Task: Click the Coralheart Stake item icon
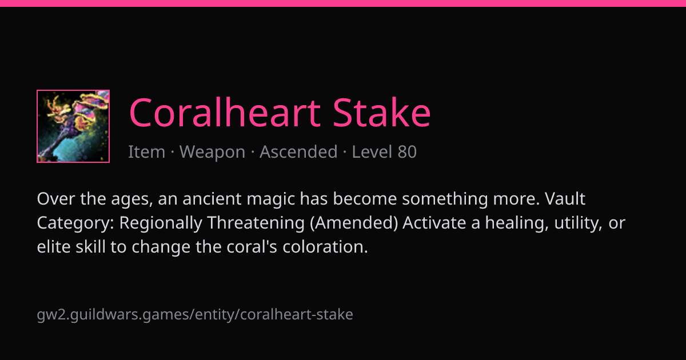73,126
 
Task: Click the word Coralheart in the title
225,113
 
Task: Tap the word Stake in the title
382,113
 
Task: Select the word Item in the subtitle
147,151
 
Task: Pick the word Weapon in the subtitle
212,152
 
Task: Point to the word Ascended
298,151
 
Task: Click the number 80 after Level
407,151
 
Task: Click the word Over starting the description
56,199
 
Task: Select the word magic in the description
271,199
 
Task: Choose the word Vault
565,199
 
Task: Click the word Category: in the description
75,223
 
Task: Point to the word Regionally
161,223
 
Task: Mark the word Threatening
256,223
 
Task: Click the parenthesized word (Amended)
354,223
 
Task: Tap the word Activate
434,222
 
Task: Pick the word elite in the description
54,246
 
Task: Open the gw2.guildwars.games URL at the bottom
195,315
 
